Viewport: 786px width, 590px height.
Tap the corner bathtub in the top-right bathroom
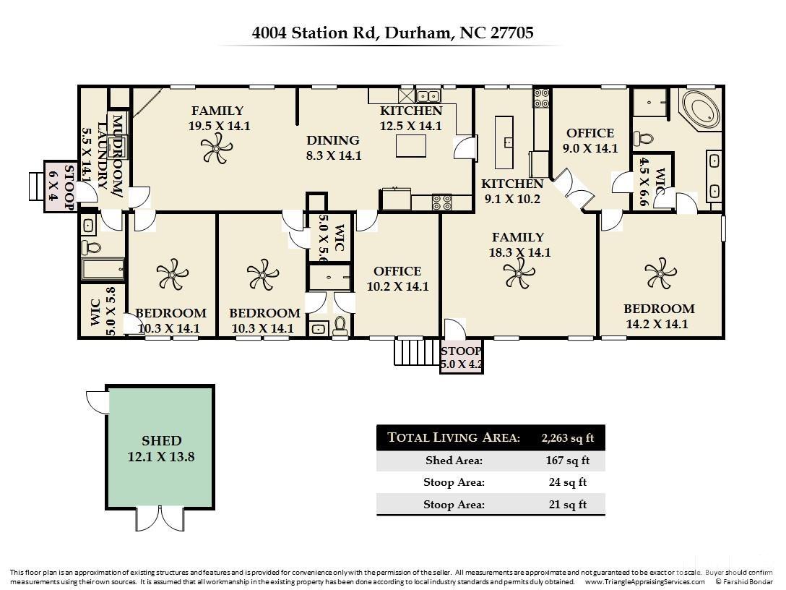tap(700, 111)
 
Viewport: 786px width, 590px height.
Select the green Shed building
tap(160, 448)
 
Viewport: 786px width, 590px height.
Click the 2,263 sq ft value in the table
tap(568, 437)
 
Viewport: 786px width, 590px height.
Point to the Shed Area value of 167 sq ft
tap(568, 461)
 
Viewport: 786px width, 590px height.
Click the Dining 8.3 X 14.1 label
tap(332, 147)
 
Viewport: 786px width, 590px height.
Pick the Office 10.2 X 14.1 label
tap(397, 278)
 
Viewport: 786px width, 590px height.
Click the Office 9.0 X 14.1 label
tap(590, 140)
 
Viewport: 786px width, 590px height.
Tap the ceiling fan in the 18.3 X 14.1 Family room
tap(518, 274)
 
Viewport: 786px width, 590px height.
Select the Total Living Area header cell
tap(454, 437)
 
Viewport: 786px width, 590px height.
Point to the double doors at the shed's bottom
tap(160, 518)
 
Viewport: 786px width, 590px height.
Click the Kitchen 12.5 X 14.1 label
tap(411, 118)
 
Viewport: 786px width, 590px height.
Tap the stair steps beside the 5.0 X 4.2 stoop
tap(408, 351)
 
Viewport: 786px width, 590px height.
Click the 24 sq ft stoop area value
tap(568, 482)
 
